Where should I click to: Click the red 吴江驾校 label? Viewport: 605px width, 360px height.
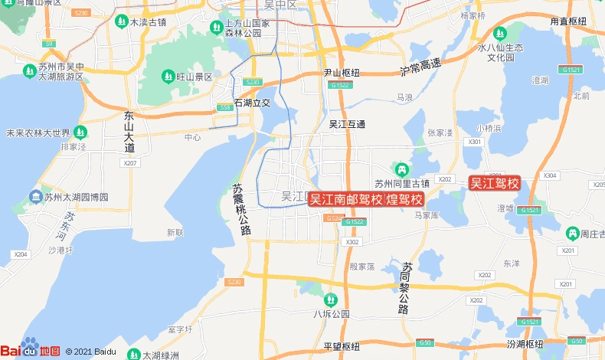(x=495, y=183)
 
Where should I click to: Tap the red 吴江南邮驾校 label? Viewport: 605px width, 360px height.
(x=345, y=199)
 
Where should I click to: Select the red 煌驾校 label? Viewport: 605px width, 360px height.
(x=404, y=199)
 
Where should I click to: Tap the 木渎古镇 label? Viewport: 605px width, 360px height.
(x=148, y=22)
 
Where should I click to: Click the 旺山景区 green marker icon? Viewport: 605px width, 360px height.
(x=168, y=77)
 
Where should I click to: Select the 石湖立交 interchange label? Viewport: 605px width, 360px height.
(x=252, y=102)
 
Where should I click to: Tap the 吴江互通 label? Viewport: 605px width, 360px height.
(x=347, y=124)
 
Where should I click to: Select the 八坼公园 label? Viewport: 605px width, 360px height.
(x=331, y=313)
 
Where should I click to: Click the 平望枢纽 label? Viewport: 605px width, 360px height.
(x=342, y=346)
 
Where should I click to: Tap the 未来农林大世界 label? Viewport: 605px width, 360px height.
(x=38, y=133)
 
